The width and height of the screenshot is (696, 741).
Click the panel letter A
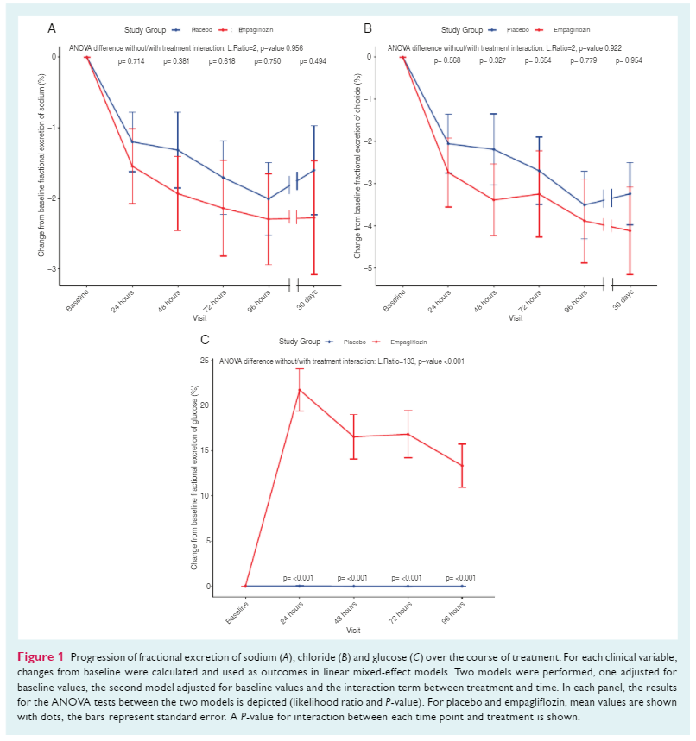click(52, 28)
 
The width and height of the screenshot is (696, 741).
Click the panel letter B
click(368, 28)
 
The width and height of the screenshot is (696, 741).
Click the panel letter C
click(204, 340)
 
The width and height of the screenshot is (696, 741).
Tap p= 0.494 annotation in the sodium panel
click(313, 61)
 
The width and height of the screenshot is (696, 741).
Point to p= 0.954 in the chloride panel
click(630, 61)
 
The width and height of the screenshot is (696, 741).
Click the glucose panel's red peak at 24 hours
click(300, 390)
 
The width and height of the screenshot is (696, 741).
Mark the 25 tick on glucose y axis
click(203, 359)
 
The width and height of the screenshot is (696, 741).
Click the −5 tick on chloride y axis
click(367, 268)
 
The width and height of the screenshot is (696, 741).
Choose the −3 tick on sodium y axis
click(52, 269)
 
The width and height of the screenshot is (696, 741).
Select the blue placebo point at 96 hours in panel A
click(268, 198)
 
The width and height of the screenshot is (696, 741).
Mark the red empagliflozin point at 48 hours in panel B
click(494, 200)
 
